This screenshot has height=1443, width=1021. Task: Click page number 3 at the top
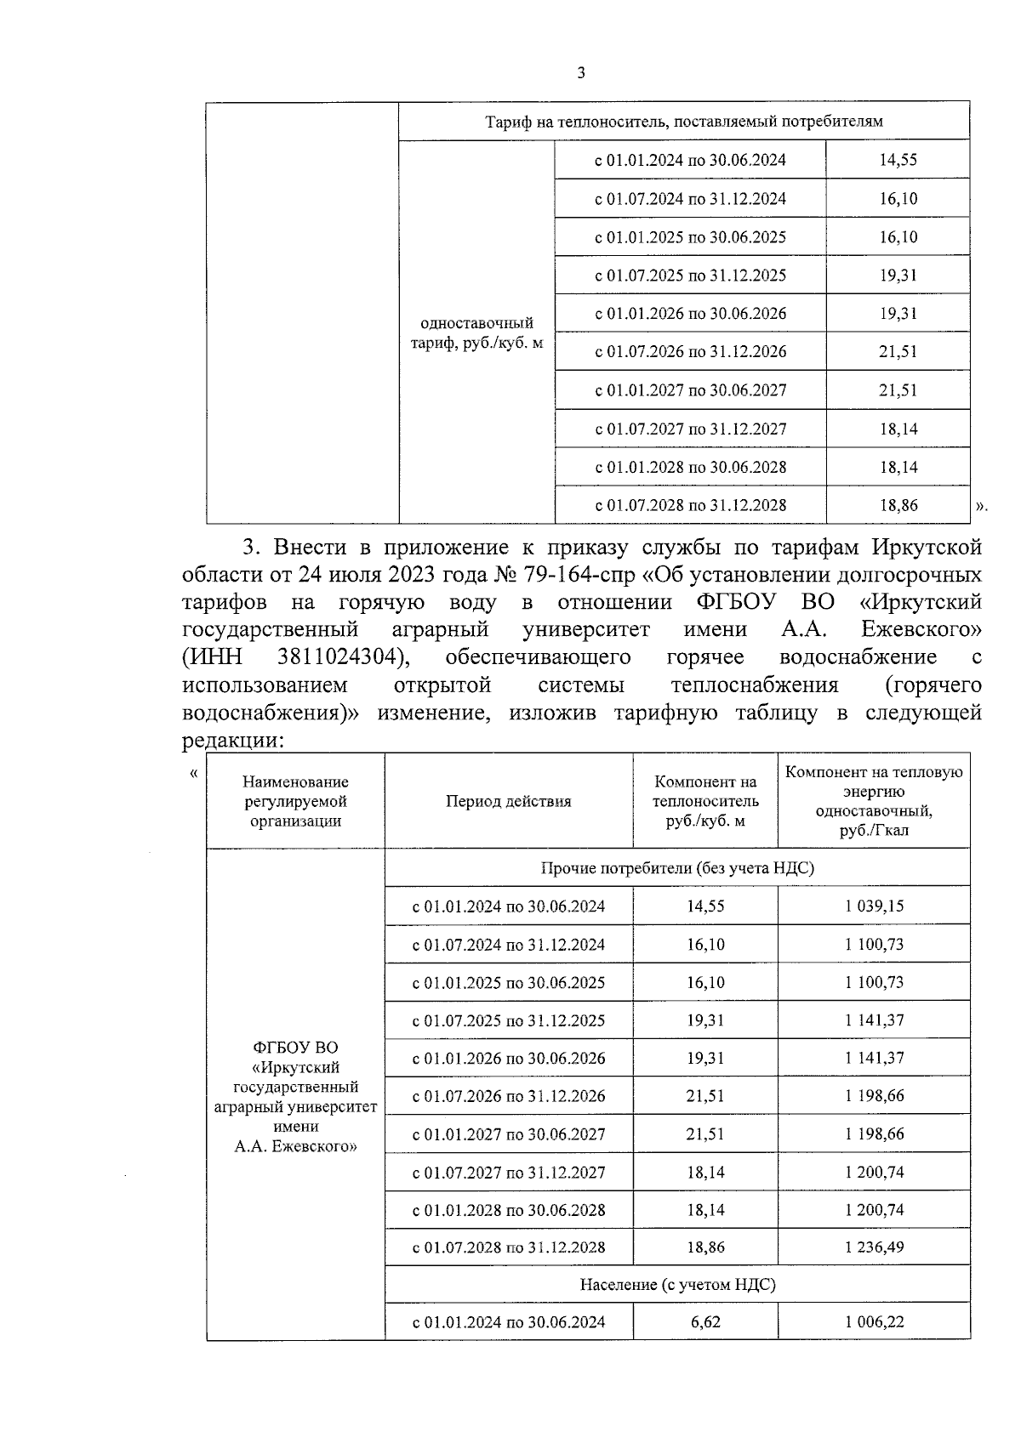pos(581,73)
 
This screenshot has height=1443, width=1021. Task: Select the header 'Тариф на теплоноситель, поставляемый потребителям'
pos(683,122)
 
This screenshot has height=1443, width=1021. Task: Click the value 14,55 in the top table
pos(898,160)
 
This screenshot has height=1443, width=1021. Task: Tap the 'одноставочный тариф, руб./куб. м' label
pos(476,333)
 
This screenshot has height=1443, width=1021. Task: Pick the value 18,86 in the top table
pos(898,505)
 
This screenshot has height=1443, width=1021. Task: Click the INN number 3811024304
pos(339,657)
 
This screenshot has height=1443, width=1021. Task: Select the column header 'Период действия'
pos(508,801)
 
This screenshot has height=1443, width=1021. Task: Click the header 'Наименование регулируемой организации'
pos(295,801)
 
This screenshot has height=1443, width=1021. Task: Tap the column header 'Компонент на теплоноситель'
pos(704,801)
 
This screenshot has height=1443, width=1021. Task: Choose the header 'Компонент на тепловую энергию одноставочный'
pos(874,801)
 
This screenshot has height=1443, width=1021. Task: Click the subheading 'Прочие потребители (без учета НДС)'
pos(677,868)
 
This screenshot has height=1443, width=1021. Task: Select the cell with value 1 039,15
pos(874,906)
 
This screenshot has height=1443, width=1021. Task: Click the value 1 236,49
pos(874,1247)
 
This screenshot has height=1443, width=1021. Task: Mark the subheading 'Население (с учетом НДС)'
pos(677,1285)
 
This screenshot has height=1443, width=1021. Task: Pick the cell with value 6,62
pos(704,1322)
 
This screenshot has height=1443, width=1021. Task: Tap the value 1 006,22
pos(874,1322)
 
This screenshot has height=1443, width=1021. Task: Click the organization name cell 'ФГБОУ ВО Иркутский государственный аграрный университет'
pos(295,1097)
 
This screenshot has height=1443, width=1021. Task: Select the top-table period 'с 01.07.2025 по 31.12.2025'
pos(689,276)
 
